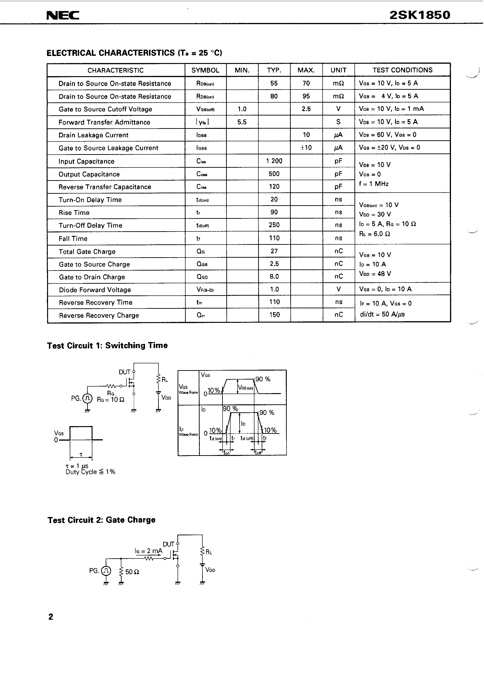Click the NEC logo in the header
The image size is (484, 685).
[x=63, y=15]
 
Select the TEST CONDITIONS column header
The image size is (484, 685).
[x=402, y=70]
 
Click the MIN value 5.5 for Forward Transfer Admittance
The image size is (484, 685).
[x=242, y=122]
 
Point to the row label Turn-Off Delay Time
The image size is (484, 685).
[x=90, y=226]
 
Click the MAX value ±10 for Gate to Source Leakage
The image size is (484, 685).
[x=306, y=148]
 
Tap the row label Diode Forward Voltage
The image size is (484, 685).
[x=95, y=290]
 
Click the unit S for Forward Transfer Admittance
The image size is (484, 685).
[x=338, y=122]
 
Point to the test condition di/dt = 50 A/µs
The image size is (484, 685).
[x=382, y=314]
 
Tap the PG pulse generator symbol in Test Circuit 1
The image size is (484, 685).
[x=87, y=398]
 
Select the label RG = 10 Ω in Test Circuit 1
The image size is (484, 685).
[x=111, y=399]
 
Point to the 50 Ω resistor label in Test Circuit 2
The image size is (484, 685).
[x=132, y=572]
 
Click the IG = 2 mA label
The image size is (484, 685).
[x=148, y=551]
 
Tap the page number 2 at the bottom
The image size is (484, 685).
[x=51, y=617]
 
